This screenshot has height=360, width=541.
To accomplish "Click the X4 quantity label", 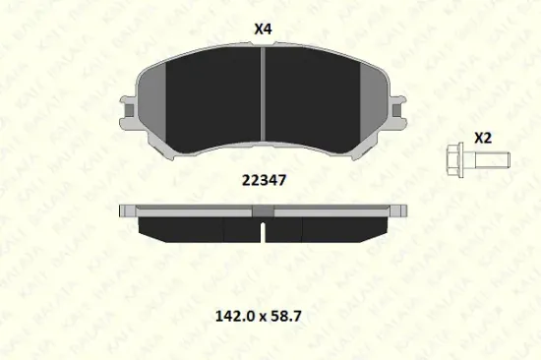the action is click(263, 29).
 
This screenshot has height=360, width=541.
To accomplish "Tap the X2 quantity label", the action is click(483, 138).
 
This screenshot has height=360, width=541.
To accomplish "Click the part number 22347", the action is click(264, 180).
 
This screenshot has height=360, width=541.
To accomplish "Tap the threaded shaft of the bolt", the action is click(493, 160).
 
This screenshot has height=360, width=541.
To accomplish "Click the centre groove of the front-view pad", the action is click(263, 93).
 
